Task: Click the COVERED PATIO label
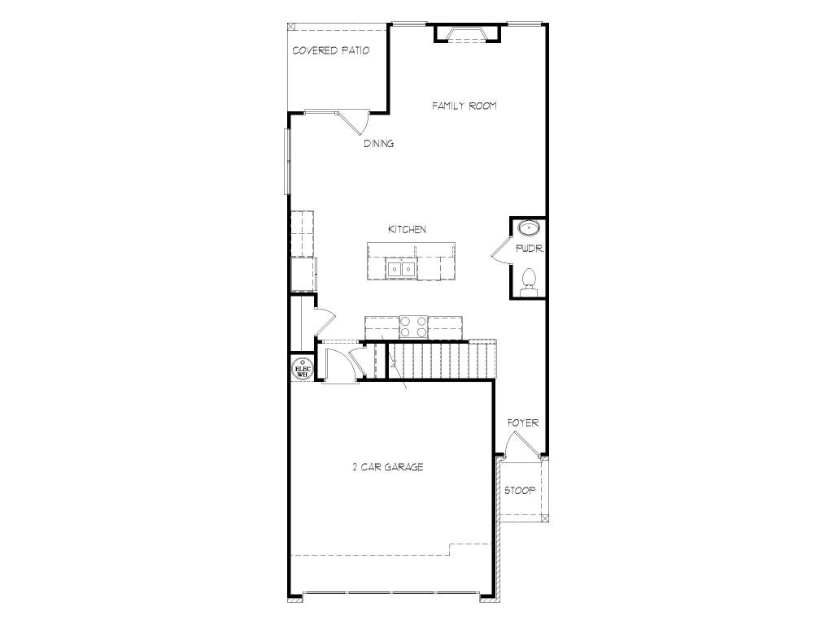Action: [331, 51]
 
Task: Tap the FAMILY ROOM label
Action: [464, 106]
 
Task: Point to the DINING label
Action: [379, 143]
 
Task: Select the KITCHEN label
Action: [407, 229]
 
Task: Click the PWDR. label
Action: [530, 249]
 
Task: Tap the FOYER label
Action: [523, 422]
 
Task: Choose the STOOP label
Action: [520, 490]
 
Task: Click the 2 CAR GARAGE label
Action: [388, 467]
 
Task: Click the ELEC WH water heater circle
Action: [303, 369]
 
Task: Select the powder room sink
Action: [529, 228]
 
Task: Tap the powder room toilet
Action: [529, 283]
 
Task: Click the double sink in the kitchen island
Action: [401, 269]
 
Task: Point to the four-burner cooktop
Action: [413, 327]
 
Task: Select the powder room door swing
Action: [500, 250]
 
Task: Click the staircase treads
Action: [442, 361]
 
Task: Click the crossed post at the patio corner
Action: [290, 26]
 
